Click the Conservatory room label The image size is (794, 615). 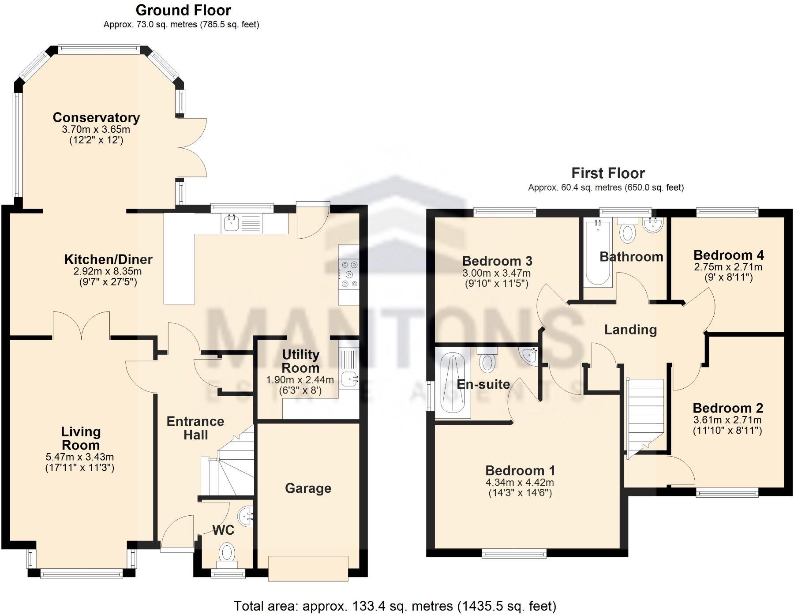(96, 118)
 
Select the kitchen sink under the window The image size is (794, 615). (231, 224)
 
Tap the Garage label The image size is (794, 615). (308, 488)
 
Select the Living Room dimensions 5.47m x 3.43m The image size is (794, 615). (80, 457)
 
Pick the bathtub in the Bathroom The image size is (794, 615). (598, 254)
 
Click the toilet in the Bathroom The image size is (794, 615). (627, 232)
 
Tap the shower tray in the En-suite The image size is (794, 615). (453, 382)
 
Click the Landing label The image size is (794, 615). (630, 330)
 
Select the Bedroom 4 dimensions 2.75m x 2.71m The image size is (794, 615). (728, 267)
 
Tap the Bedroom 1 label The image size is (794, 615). (520, 470)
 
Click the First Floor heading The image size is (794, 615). (608, 173)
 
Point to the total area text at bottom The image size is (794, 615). (395, 606)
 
